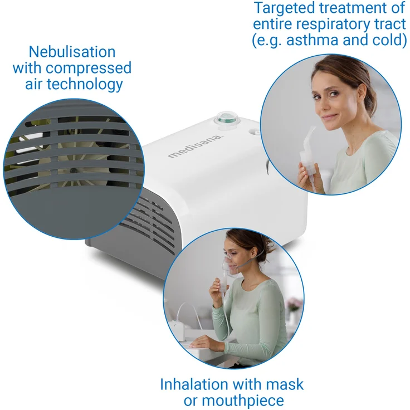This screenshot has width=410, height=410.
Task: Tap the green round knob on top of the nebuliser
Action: point(226,118)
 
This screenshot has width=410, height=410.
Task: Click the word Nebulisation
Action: point(72,52)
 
